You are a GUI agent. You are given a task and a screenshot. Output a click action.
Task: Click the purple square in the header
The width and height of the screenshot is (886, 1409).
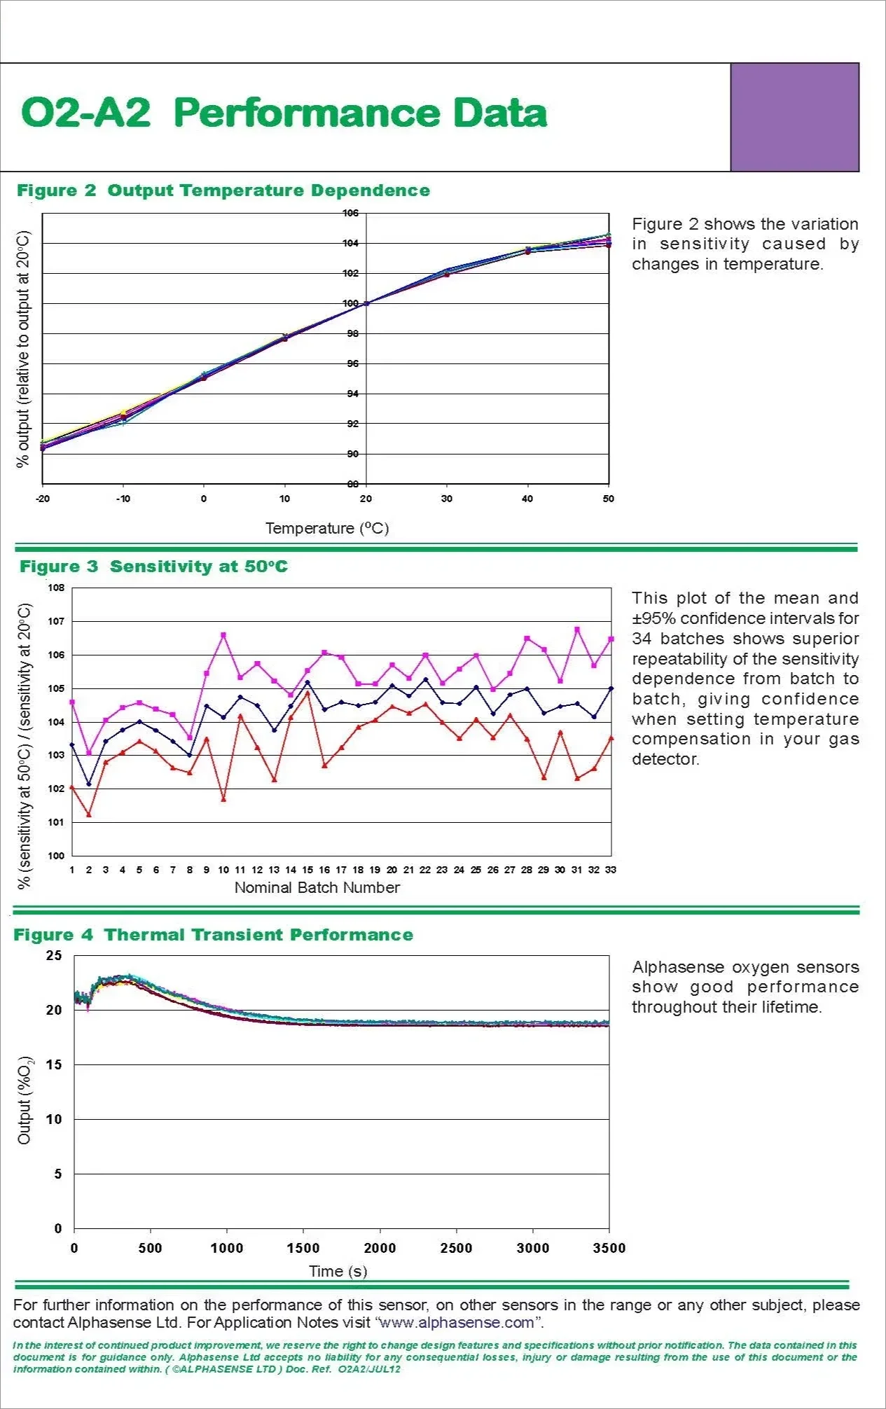pyautogui.click(x=794, y=117)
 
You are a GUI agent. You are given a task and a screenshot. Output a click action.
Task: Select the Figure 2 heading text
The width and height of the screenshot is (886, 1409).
pyautogui.click(x=223, y=190)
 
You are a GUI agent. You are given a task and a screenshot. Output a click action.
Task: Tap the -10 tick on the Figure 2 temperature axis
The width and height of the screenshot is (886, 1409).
pyautogui.click(x=123, y=499)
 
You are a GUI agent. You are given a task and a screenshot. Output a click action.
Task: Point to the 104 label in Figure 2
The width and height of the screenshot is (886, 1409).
pyautogui.click(x=350, y=243)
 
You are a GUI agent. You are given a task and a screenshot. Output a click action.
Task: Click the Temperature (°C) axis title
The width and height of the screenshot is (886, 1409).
pyautogui.click(x=327, y=528)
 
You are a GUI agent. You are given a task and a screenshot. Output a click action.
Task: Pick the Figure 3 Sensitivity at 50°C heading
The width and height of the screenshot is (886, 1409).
pyautogui.click(x=153, y=567)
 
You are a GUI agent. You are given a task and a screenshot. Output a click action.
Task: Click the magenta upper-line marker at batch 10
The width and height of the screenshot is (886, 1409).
pyautogui.click(x=223, y=635)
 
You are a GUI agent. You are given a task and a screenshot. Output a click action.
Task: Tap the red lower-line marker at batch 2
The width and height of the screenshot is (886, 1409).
pyautogui.click(x=89, y=814)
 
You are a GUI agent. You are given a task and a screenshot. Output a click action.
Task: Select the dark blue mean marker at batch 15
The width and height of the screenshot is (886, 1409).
pyautogui.click(x=307, y=682)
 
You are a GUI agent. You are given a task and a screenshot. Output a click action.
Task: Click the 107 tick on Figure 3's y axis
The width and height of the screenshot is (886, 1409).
pyautogui.click(x=56, y=621)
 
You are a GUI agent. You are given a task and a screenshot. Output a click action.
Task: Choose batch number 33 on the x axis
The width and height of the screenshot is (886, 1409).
pyautogui.click(x=611, y=870)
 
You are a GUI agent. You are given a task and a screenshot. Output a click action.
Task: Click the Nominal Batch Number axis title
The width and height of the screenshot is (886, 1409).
pyautogui.click(x=317, y=887)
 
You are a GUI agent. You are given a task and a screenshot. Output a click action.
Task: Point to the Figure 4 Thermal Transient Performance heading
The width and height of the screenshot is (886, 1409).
pyautogui.click(x=214, y=935)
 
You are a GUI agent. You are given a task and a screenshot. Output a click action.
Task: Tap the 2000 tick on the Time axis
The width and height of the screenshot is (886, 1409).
pyautogui.click(x=380, y=1248)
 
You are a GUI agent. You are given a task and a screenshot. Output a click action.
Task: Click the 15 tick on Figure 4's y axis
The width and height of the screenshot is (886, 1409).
pyautogui.click(x=54, y=1064)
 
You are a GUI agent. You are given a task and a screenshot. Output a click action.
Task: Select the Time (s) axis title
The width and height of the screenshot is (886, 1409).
pyautogui.click(x=338, y=1271)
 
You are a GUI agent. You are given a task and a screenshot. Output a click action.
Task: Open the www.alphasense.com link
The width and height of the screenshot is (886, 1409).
pyautogui.click(x=456, y=1323)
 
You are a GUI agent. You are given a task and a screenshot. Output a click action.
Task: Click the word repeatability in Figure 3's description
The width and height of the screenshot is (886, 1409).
pyautogui.click(x=676, y=659)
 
